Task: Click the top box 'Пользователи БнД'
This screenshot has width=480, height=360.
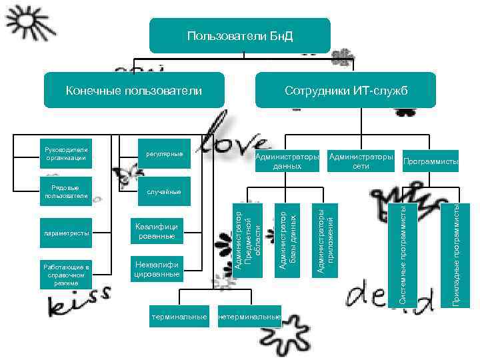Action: pos(239,35)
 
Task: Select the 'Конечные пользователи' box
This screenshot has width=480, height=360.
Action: pos(133,90)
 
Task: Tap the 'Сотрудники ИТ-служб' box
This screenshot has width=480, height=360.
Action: pos(345,90)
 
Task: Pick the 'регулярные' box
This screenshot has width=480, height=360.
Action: pos(164,154)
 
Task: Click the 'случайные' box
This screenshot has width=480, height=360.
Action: pos(164,192)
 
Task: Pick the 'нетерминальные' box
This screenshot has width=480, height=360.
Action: pos(249,316)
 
